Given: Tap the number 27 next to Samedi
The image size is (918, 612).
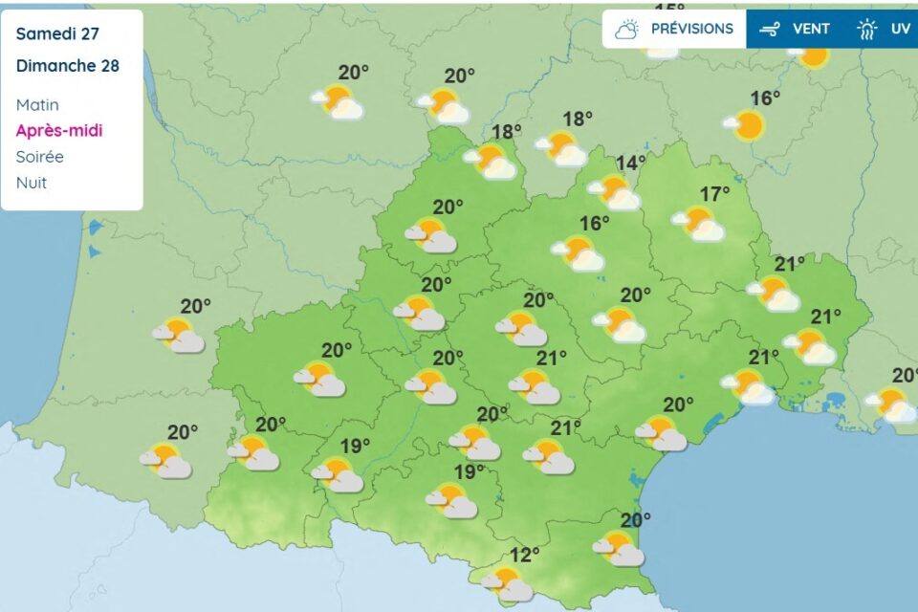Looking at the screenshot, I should coord(89,34).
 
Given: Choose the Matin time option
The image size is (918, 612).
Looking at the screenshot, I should coord(37,104).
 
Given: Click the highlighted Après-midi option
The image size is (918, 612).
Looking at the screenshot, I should coord(59,130).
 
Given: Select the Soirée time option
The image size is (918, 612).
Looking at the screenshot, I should coord(40,156).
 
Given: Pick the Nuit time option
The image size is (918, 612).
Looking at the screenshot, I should coord(32,182).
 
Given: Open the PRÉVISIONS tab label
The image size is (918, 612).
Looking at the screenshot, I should coord(692,29).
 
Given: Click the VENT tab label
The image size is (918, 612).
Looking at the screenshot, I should coord(811,29).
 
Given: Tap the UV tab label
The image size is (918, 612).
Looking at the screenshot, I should coord(900,29).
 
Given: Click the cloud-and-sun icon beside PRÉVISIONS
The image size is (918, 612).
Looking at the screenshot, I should coord(627,29).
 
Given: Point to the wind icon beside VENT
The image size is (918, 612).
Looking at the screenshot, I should coord(770,30).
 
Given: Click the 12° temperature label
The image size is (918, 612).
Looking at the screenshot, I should coord(524,554).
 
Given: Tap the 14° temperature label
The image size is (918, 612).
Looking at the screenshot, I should coord(630,163).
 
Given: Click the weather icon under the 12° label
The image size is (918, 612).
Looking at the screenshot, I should coord(507,583).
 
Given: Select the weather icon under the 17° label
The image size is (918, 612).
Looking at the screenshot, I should coord(698,224).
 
